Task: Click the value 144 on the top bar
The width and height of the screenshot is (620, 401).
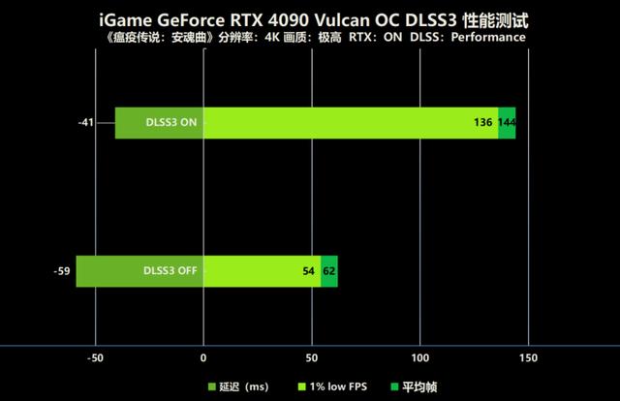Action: click(x=507, y=123)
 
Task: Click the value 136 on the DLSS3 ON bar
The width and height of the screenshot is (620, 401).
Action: click(x=483, y=123)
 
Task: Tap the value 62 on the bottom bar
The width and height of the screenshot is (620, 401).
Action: click(x=329, y=271)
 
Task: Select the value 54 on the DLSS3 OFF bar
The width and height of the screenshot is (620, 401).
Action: click(x=309, y=271)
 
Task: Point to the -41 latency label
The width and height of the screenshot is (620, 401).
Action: click(x=87, y=123)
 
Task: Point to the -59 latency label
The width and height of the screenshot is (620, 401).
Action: click(x=61, y=271)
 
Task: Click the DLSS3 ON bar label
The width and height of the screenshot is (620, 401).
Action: click(x=171, y=123)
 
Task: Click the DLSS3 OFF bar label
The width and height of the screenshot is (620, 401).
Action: click(x=170, y=271)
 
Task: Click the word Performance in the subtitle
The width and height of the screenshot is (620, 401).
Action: click(x=489, y=37)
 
